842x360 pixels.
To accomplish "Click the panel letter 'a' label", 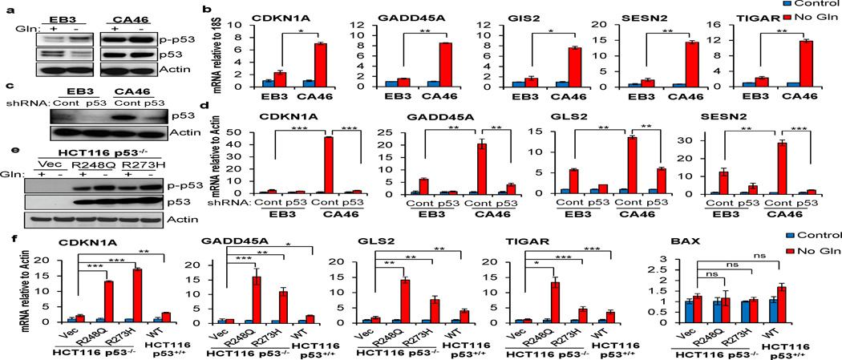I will [x=6, y=8].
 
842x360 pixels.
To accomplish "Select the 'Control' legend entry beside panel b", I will [x=808, y=6].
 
